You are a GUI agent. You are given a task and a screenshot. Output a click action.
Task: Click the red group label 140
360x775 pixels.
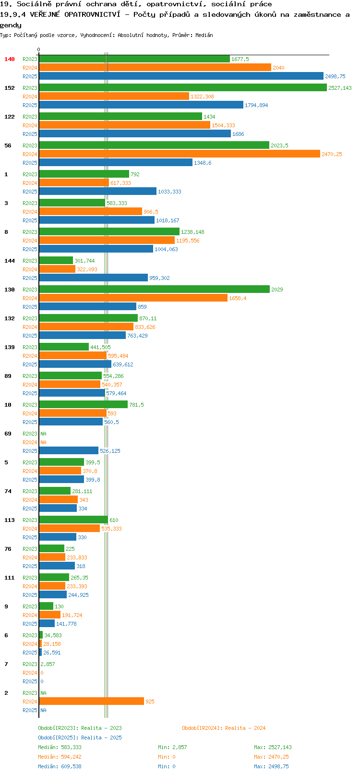(9, 59)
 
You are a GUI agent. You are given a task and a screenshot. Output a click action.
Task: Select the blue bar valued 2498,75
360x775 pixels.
(181, 76)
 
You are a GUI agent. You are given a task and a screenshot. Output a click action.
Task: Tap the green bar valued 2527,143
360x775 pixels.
(183, 87)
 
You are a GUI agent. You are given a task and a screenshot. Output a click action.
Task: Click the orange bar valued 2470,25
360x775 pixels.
(180, 154)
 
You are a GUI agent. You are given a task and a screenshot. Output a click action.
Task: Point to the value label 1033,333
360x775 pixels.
(169, 192)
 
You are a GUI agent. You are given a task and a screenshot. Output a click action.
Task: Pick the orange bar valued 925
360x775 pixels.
(91, 702)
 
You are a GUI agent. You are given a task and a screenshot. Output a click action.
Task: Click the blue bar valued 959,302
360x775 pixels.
(94, 278)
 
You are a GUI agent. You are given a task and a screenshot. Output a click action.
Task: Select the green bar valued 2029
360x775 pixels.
(154, 289)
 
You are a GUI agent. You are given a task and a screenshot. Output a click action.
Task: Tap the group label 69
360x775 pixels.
(8, 434)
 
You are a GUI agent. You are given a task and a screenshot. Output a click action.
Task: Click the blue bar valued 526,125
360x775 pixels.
(69, 450)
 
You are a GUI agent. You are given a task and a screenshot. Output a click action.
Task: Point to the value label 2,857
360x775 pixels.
(48, 664)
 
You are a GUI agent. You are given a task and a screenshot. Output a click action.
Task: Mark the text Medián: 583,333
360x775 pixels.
(60, 747)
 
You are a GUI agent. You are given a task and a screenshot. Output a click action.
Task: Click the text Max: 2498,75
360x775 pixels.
(272, 766)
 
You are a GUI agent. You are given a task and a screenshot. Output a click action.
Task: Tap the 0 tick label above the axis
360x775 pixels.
(38, 49)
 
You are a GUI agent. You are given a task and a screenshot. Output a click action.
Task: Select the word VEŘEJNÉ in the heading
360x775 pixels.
(45, 14)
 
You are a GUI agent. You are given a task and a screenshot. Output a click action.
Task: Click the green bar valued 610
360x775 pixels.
(73, 520)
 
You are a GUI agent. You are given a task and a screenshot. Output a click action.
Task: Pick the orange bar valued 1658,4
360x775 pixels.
(133, 298)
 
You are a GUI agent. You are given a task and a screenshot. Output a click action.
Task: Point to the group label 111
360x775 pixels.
(9, 578)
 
